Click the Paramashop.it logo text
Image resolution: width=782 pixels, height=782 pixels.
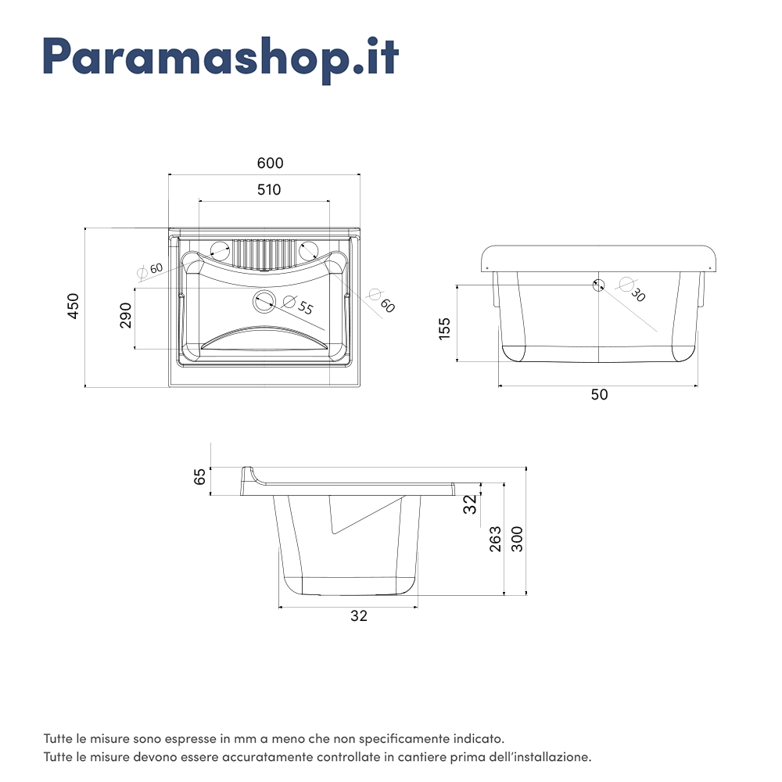click(x=221, y=56)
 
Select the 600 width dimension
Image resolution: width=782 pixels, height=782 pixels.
click(x=270, y=163)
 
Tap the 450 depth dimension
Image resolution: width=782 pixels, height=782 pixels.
click(x=73, y=306)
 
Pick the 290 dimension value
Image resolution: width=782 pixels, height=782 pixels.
click(x=126, y=314)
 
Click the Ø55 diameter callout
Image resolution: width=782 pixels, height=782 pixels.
click(x=298, y=305)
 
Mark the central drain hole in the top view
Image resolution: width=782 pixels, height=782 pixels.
click(x=264, y=300)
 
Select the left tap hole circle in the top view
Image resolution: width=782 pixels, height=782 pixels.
click(x=220, y=251)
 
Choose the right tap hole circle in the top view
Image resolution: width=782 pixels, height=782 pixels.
click(x=310, y=251)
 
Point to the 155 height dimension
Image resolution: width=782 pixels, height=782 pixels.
click(x=444, y=328)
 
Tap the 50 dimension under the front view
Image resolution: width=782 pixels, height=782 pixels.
click(x=599, y=395)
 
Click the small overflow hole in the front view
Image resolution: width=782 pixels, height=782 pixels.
click(x=599, y=285)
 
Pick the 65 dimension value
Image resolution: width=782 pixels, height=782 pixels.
click(x=200, y=476)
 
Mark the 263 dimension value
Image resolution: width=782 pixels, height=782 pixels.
click(x=495, y=540)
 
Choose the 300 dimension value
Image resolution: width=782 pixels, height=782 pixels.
click(x=517, y=539)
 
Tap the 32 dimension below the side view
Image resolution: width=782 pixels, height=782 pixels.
click(x=359, y=616)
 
